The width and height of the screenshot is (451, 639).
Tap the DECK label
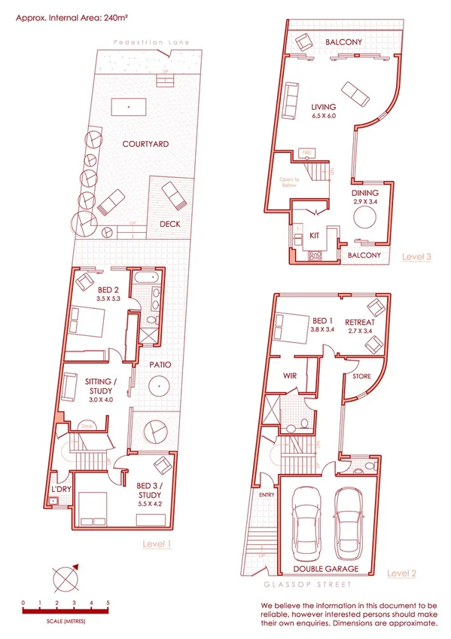click(x=169, y=224)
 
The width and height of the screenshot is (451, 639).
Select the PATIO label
click(x=160, y=365)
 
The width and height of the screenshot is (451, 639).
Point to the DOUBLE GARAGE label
click(x=325, y=568)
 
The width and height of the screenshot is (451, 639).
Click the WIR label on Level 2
click(x=289, y=375)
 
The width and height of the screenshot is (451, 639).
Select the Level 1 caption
click(x=157, y=543)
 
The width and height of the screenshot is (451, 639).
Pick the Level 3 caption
click(x=416, y=256)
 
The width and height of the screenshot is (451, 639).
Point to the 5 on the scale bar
click(x=108, y=603)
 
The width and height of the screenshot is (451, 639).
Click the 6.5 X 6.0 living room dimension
click(x=324, y=118)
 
